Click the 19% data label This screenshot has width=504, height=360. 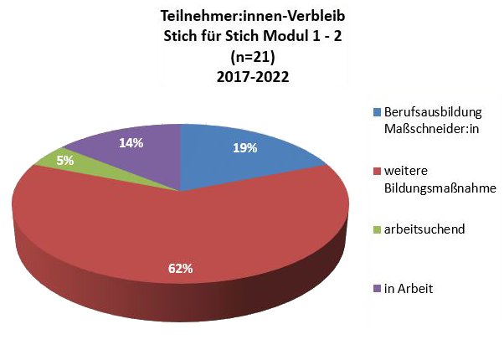[244, 148]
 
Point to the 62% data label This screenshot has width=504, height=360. [181, 269]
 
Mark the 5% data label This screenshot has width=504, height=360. [65, 160]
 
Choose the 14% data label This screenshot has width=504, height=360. [131, 143]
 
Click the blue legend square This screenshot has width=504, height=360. [376, 111]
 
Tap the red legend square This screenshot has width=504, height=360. [376, 170]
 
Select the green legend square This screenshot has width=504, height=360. [376, 229]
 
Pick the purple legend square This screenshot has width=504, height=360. [376, 288]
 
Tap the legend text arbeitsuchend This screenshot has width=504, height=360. [424, 229]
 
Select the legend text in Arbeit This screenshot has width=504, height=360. [409, 288]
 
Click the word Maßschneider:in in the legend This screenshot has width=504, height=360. [429, 128]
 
